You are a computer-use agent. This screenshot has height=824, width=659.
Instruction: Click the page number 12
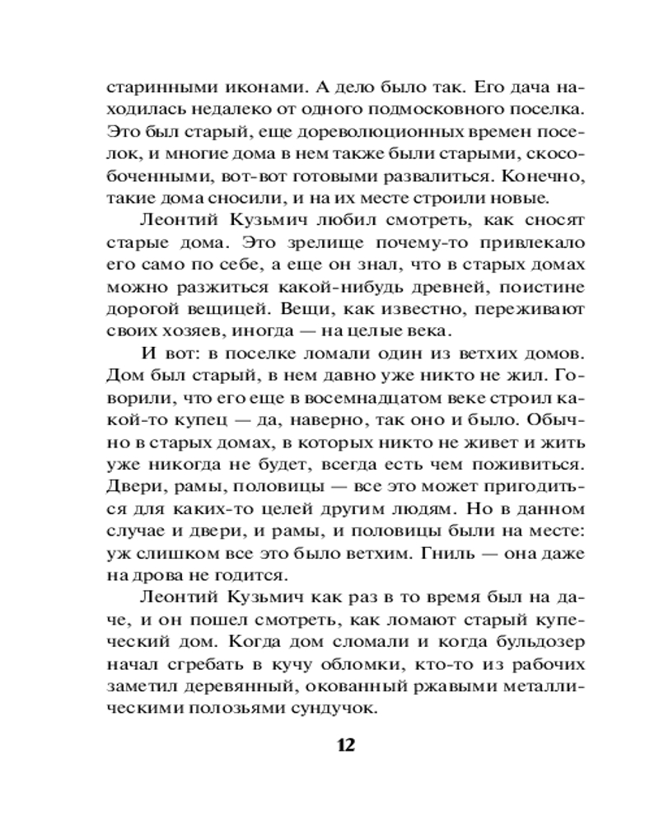tap(344, 745)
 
